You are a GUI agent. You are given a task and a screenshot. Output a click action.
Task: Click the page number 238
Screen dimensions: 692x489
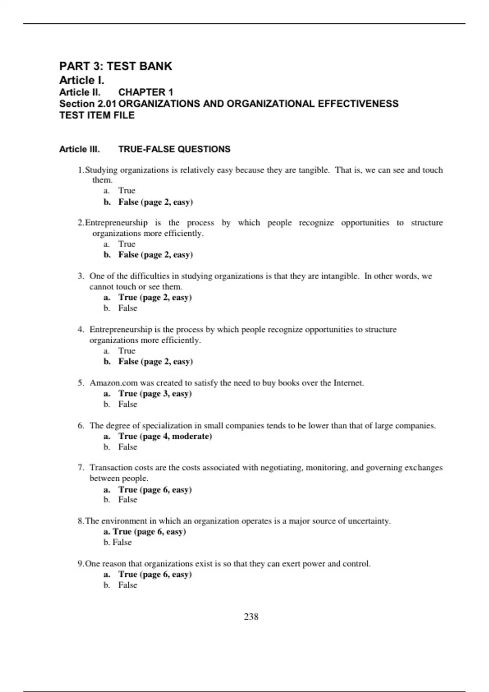pyautogui.click(x=251, y=617)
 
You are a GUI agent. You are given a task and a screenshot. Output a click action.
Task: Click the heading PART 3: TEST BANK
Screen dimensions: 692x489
pyautogui.click(x=116, y=66)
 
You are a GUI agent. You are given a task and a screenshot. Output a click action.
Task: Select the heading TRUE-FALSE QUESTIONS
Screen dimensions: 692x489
pyautogui.click(x=174, y=149)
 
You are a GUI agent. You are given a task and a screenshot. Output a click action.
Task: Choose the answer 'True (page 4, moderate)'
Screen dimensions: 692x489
pyautogui.click(x=165, y=436)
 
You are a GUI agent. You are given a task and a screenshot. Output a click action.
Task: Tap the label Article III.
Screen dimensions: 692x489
pyautogui.click(x=79, y=149)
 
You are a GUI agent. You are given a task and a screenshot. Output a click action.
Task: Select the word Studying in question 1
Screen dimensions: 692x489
pyautogui.click(x=101, y=170)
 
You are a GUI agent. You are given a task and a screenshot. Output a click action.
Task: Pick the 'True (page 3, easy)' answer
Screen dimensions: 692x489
pyautogui.click(x=155, y=394)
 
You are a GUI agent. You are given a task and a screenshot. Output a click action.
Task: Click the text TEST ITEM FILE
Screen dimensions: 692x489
pyautogui.click(x=97, y=116)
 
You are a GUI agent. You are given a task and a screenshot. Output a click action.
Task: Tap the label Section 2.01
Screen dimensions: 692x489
pyautogui.click(x=88, y=104)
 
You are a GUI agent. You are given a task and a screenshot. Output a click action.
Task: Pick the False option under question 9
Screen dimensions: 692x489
pyautogui.click(x=128, y=585)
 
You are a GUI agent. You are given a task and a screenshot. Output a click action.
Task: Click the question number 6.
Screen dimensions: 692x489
pyautogui.click(x=81, y=426)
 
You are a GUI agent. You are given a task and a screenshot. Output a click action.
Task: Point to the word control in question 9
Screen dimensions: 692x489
pyautogui.click(x=357, y=564)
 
